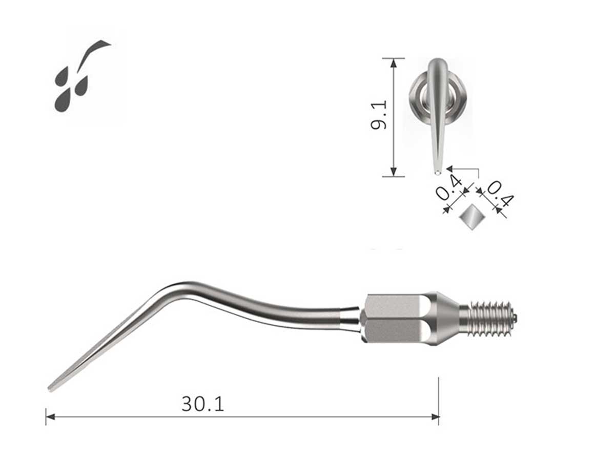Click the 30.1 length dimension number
[x=203, y=404]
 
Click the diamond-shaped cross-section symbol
[x=471, y=218]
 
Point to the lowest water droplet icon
[x=63, y=101]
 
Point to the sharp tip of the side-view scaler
[x=50, y=389]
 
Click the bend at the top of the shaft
[x=177, y=287]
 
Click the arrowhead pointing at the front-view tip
[x=449, y=168]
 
